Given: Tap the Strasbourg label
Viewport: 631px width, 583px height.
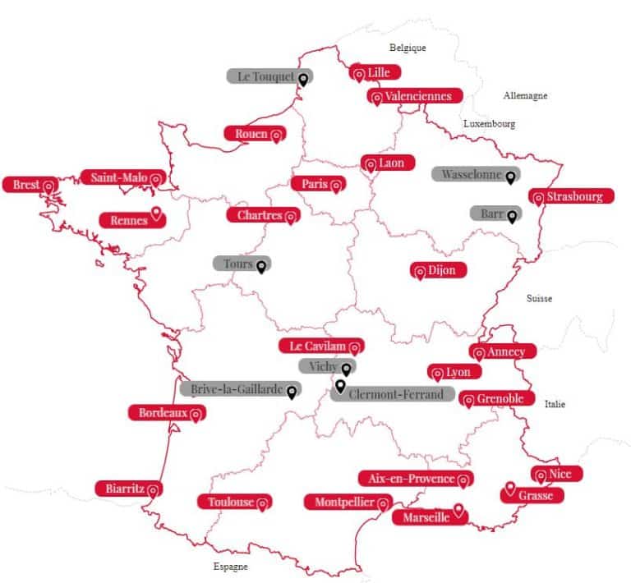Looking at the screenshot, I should coord(572,197).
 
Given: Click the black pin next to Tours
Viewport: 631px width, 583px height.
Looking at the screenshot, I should coord(261,266).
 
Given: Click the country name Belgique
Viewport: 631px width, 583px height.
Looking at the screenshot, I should coord(408,48).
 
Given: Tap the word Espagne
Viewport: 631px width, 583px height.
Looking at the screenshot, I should coord(230,567).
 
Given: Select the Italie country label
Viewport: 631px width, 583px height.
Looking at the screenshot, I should coord(555,404).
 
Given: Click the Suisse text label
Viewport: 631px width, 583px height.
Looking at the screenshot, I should coord(539,298).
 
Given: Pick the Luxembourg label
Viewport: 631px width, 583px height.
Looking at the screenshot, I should coord(489,123).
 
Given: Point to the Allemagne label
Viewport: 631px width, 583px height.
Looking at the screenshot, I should coord(525,96).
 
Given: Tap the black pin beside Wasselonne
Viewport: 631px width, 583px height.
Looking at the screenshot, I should coord(510,176).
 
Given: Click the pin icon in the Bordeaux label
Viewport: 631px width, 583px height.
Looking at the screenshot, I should coord(196,415).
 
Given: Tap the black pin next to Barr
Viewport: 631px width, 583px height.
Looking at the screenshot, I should coord(512,216).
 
